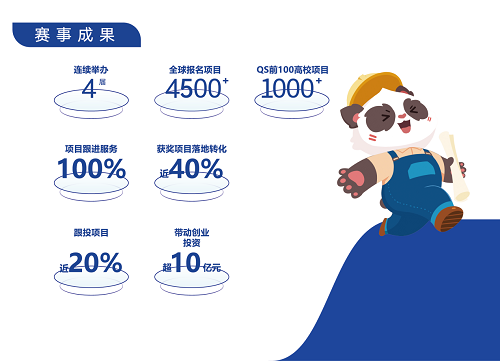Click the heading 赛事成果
(75, 34)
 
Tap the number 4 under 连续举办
(88, 89)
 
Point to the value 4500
(191, 88)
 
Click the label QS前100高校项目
(292, 69)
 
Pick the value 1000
(287, 88)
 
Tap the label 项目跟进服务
(91, 148)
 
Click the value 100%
(91, 169)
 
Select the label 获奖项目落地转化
(192, 148)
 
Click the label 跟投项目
(91, 232)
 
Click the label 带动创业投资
(192, 237)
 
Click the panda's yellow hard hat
(371, 82)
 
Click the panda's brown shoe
(449, 218)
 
